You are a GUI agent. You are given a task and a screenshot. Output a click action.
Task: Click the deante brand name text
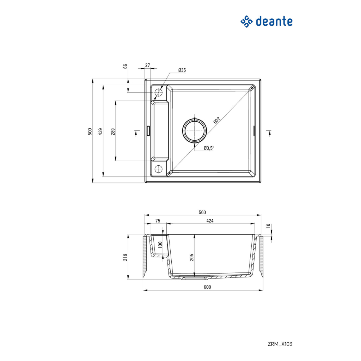pyautogui.click(x=274, y=21)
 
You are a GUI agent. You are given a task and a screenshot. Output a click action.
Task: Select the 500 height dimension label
pyautogui.click(x=90, y=131)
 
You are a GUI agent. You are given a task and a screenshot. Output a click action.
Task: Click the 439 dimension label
pyautogui.click(x=100, y=131)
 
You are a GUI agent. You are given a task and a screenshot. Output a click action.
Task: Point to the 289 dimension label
pyautogui.click(x=113, y=131)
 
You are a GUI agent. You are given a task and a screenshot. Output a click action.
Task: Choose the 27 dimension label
pyautogui.click(x=147, y=65)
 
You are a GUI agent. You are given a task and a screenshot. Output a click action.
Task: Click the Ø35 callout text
pyautogui.click(x=182, y=71)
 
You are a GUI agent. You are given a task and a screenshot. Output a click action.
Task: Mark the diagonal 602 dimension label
pyautogui.click(x=217, y=120)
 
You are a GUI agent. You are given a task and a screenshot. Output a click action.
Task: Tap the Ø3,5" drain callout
pyautogui.click(x=209, y=148)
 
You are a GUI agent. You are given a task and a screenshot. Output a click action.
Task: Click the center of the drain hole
pyautogui.click(x=194, y=130)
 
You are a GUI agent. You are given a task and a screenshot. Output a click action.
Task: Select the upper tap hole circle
pyautogui.click(x=158, y=93)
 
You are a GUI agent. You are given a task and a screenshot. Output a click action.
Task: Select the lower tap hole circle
pyautogui.click(x=158, y=168)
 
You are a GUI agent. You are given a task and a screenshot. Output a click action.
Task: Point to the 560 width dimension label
pyautogui.click(x=202, y=212)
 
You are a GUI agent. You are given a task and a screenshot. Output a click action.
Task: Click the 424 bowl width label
pyautogui.click(x=210, y=221)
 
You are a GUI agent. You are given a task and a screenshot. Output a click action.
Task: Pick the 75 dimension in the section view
pyautogui.click(x=158, y=221)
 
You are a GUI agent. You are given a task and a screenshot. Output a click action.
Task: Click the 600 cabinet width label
pyautogui.click(x=207, y=287)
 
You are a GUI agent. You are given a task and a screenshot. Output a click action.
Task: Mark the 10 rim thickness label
pyautogui.click(x=268, y=226)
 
